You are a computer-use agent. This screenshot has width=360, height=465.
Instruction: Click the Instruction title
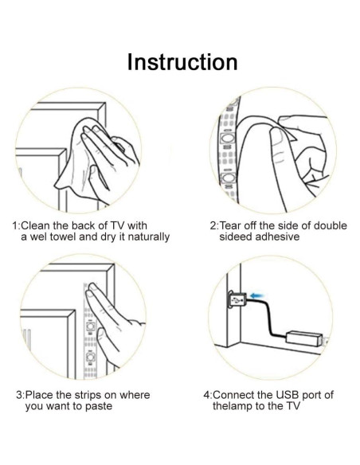182,62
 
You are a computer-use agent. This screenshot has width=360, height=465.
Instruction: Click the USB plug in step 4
237,300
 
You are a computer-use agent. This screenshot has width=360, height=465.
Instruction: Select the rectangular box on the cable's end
304,338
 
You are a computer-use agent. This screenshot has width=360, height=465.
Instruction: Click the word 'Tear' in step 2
230,225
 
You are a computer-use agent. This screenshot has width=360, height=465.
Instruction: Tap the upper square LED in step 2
228,139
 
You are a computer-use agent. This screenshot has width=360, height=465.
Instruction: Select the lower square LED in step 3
90,358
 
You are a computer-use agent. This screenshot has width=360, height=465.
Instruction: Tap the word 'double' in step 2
330,225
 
